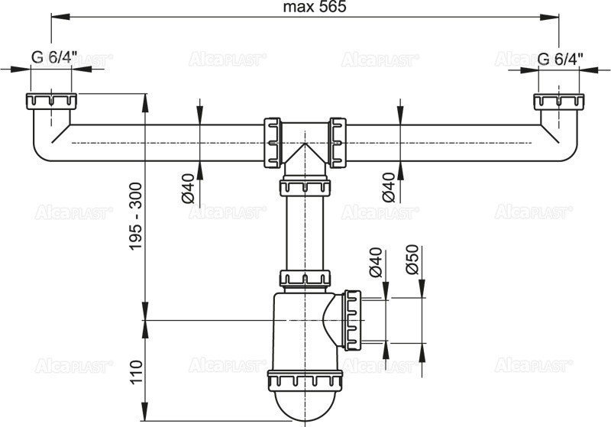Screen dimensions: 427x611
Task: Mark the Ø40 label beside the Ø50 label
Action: tap(377, 261)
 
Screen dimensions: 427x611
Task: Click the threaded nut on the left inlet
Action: tap(50, 102)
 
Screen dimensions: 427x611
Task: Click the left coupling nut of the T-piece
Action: tap(271, 141)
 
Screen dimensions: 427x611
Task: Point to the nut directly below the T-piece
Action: tap(305, 186)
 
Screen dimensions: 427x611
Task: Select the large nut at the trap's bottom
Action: tap(305, 381)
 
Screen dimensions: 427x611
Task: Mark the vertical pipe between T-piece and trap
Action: tap(305, 233)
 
